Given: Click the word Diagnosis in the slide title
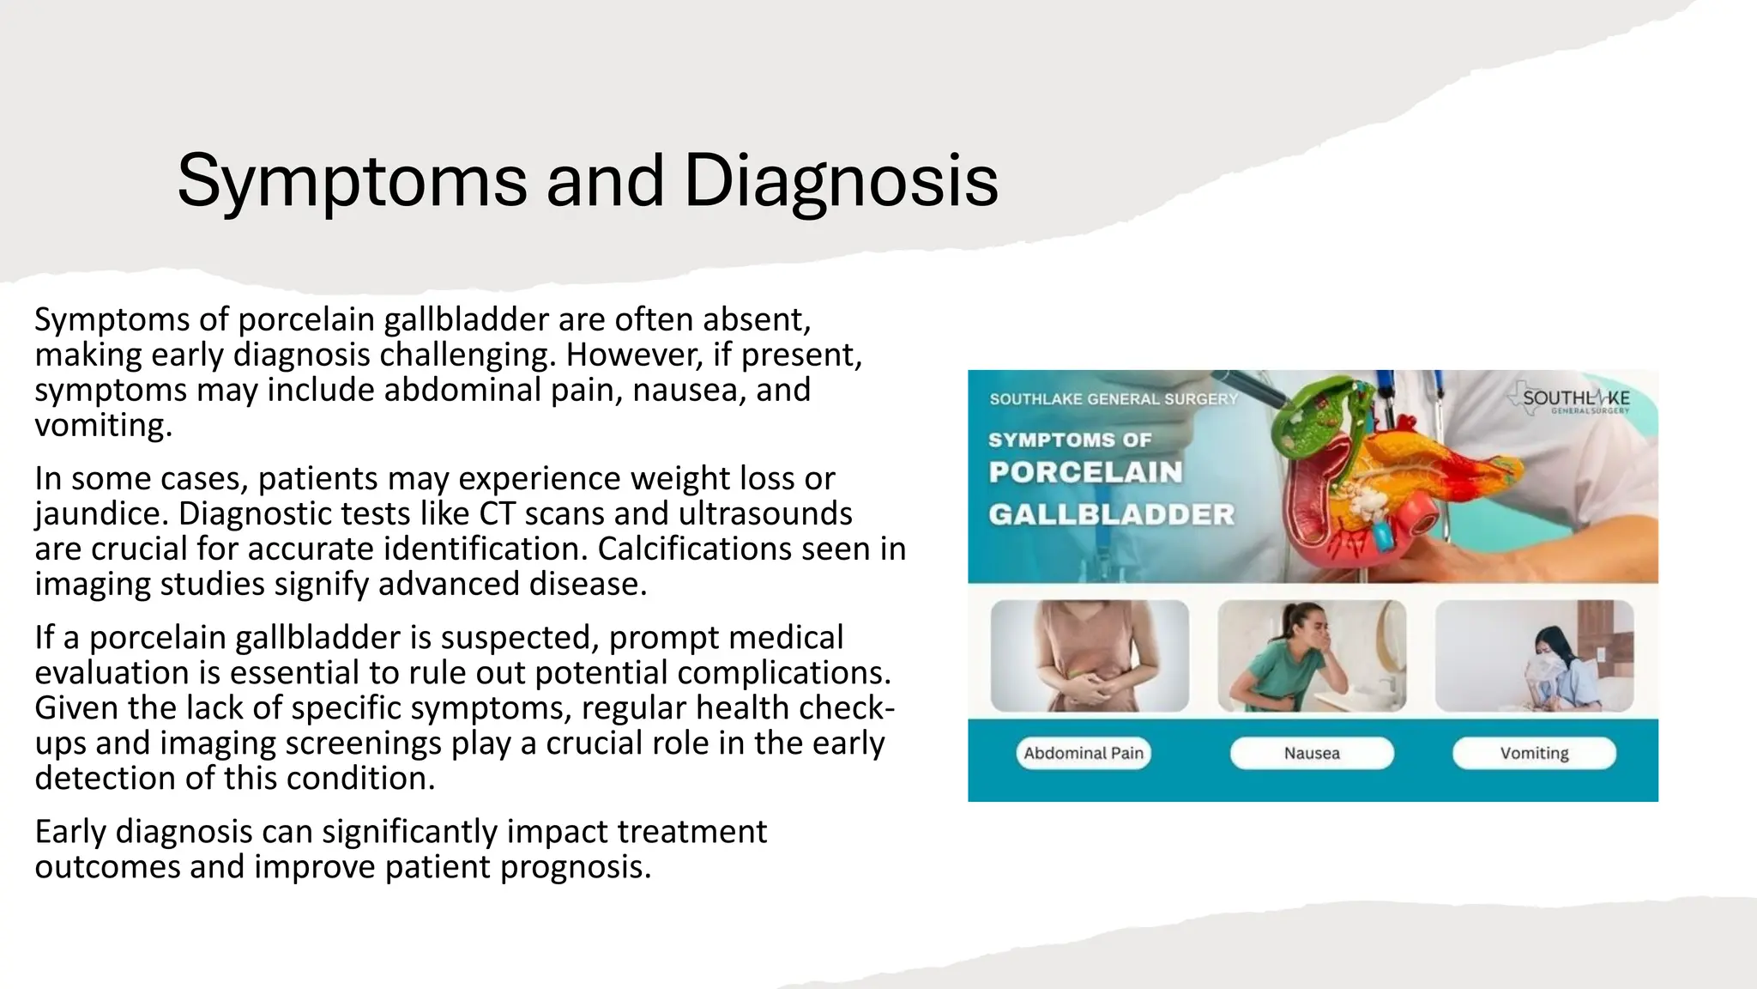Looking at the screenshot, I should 841,182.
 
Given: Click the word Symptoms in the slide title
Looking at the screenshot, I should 352,182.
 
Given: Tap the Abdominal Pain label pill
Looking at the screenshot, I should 1084,753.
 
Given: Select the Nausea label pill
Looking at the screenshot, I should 1312,753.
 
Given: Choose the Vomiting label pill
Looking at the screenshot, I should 1534,753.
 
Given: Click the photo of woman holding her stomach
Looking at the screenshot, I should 1090,655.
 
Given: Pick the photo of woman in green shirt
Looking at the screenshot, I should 1312,655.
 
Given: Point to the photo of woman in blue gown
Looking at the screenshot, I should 1534,655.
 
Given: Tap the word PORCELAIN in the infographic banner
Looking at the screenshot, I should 1085,472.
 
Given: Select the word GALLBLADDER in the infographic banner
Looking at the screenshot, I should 1111,514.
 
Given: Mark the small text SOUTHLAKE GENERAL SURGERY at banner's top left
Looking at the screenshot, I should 1114,399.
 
